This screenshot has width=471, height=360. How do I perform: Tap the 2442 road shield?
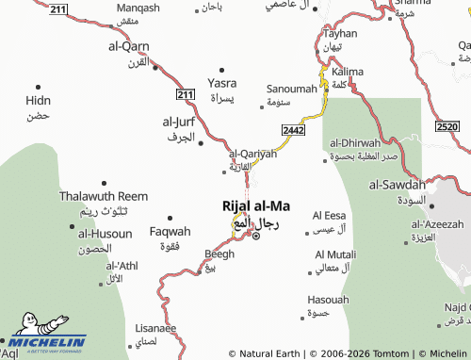click(292, 129)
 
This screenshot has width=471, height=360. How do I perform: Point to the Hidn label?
click(39, 99)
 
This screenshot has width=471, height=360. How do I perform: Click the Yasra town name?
click(221, 83)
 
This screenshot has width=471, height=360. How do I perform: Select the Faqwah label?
click(171, 231)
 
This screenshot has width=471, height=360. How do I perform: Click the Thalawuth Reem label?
click(90, 196)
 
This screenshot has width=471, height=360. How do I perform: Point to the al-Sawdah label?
click(398, 185)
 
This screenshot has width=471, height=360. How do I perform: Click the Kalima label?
click(348, 71)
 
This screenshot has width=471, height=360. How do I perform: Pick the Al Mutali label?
click(335, 254)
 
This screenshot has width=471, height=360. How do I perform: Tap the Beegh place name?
click(219, 254)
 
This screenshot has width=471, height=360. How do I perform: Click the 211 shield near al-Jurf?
click(185, 94)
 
